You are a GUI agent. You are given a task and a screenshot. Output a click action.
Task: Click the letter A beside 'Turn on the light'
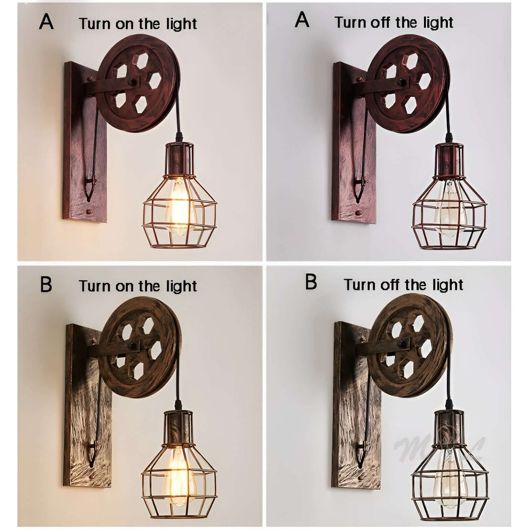[46, 22]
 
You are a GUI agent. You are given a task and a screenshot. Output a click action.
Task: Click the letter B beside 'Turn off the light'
[311, 282]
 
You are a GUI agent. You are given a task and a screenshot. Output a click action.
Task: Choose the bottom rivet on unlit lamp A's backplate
[358, 213]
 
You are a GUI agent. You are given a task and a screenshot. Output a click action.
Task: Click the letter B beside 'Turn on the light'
[46, 285]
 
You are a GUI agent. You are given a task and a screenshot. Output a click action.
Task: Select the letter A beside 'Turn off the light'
[302, 21]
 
